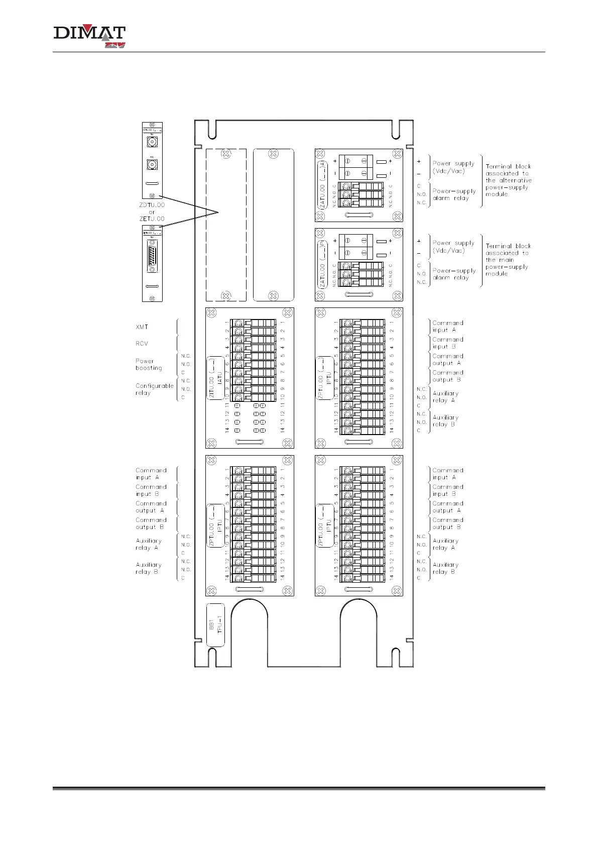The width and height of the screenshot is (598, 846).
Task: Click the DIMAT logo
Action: click(x=89, y=37)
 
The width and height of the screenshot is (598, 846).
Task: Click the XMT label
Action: click(x=142, y=327)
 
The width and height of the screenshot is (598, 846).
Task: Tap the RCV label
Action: click(x=142, y=344)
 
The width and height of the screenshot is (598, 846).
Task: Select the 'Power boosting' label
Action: click(x=149, y=364)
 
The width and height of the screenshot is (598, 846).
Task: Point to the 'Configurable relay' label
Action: click(x=154, y=389)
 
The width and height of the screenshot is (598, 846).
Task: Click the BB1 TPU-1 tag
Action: click(x=215, y=625)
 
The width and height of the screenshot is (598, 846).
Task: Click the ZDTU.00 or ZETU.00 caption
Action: click(x=152, y=211)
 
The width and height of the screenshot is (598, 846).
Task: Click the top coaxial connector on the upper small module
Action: click(x=152, y=142)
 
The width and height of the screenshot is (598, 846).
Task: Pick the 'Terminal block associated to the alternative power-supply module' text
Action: click(x=508, y=180)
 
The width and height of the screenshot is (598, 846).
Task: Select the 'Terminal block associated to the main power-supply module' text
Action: click(x=508, y=260)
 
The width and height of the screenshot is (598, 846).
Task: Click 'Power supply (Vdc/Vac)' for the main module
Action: click(x=453, y=247)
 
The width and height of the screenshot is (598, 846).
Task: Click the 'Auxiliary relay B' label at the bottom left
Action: click(x=149, y=568)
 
